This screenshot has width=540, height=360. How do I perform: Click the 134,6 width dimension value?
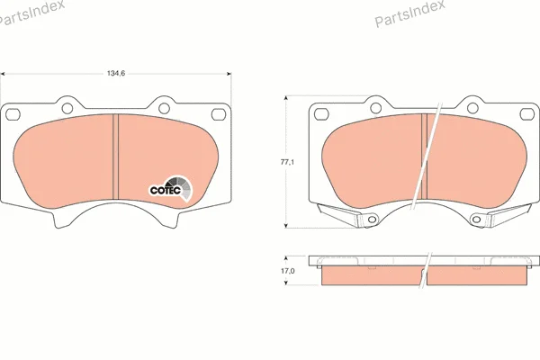116,74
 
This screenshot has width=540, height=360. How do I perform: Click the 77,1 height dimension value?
287,162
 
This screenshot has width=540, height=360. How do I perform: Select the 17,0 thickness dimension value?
288,271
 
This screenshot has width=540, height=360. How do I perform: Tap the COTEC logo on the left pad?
170,188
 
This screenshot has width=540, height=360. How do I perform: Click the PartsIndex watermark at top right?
409,13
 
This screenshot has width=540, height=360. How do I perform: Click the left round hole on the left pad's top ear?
67,108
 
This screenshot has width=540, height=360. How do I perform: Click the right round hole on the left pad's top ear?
165,108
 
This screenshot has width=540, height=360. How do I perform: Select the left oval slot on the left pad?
13,114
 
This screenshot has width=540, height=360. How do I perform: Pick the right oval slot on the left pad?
219,114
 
